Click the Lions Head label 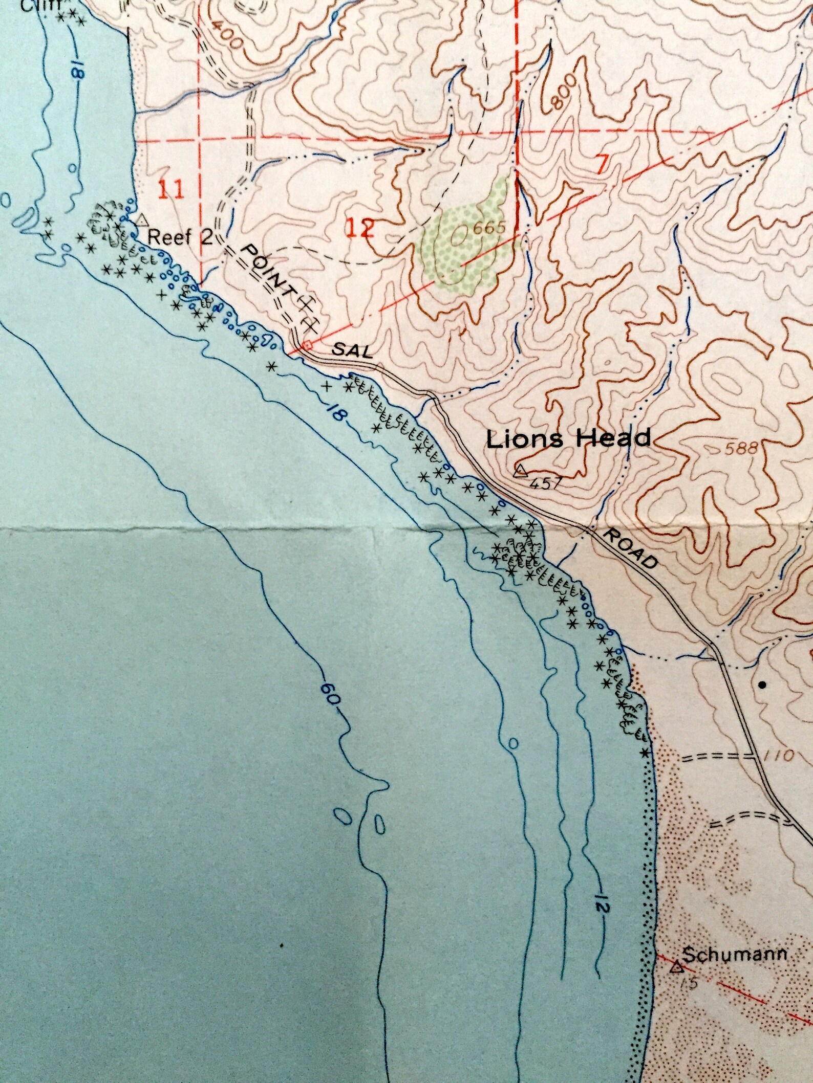tap(568, 439)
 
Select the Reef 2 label tap(180, 236)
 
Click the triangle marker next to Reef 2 tap(142, 220)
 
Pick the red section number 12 tap(360, 228)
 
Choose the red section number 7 tap(603, 165)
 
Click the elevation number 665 tap(489, 228)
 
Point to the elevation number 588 tap(740, 449)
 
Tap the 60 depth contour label tap(331, 696)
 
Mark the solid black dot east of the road tap(763, 684)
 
